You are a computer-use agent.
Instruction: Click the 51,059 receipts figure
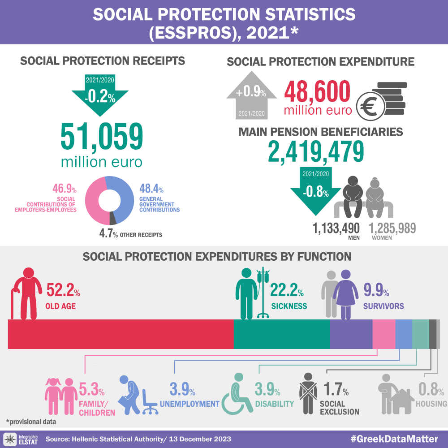coord(102,138)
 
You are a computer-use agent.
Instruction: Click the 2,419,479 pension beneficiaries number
coord(315,151)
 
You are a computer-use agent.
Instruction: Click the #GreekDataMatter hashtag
coord(394,438)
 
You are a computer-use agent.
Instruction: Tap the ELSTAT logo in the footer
coord(21,438)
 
